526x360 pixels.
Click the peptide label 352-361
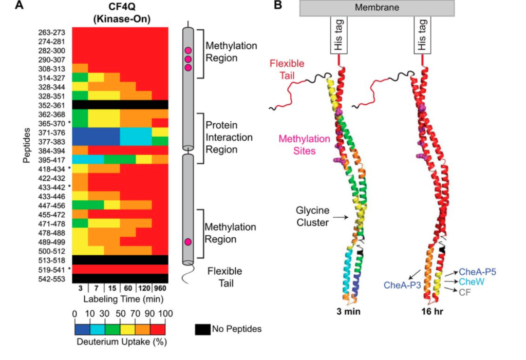pyautogui.click(x=51, y=104)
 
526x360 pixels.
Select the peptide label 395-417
pyautogui.click(x=51, y=159)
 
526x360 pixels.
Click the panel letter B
pyautogui.click(x=277, y=6)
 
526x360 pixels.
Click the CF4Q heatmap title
pyautogui.click(x=119, y=12)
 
